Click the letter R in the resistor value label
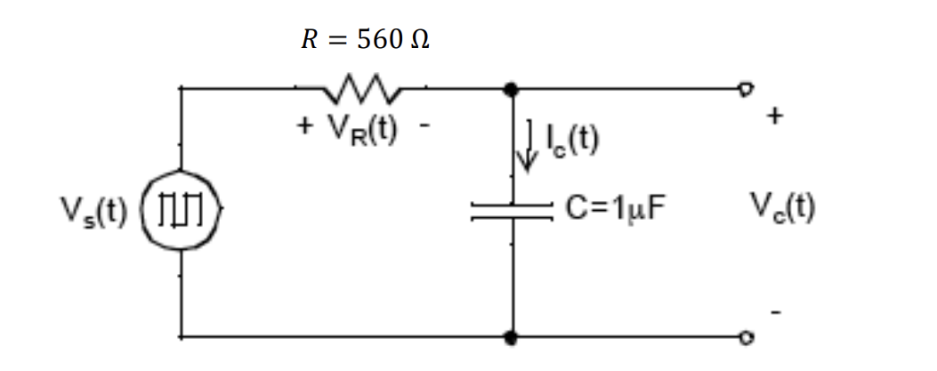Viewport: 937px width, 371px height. [305, 40]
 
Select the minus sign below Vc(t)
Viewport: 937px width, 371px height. [776, 313]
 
